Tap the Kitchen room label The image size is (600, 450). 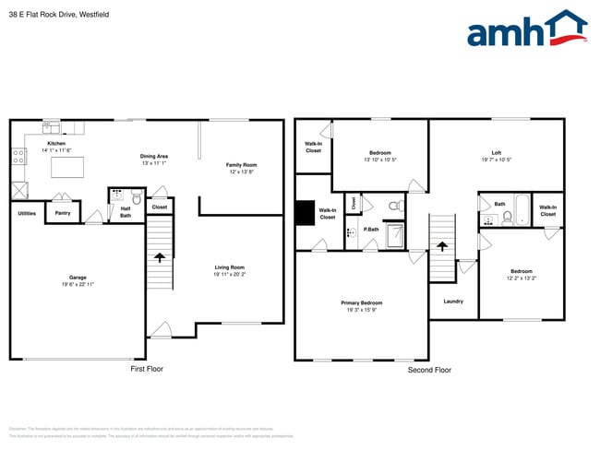[56, 144]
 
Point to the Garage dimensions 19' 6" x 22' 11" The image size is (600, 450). [77, 283]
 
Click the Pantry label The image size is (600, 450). [63, 213]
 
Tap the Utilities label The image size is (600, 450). [27, 213]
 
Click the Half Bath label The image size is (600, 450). [126, 212]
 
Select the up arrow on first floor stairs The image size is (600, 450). [159, 259]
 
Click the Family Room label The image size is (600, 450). [241, 165]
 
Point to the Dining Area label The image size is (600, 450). [153, 156]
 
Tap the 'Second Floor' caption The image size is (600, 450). [429, 370]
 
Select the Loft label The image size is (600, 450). [496, 152]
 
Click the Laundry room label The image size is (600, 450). [452, 302]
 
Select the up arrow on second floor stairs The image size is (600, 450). [443, 247]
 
